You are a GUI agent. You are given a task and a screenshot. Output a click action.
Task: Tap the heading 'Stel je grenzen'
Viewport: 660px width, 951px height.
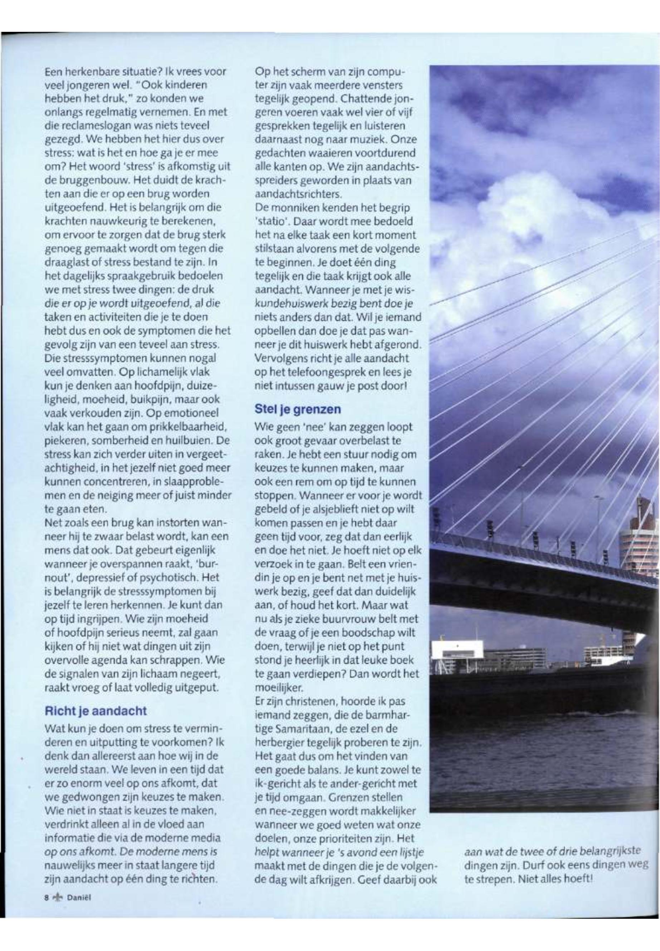tap(298, 410)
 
